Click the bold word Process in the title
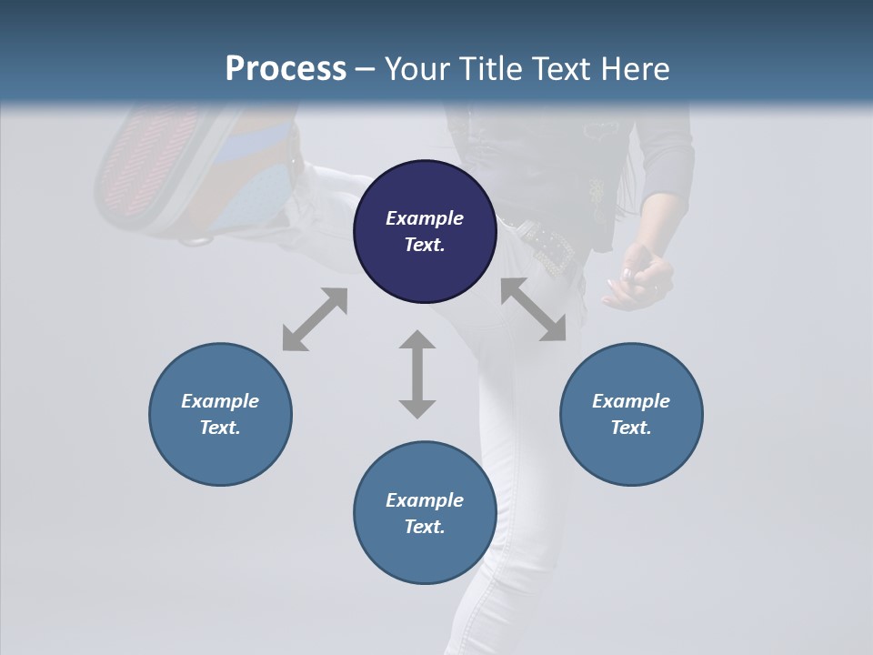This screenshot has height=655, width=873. tap(286, 69)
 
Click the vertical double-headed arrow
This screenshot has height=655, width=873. tap(417, 374)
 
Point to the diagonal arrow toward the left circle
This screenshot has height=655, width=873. tap(315, 319)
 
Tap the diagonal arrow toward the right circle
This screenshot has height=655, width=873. tap(534, 310)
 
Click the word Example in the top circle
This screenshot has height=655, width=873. tap(425, 218)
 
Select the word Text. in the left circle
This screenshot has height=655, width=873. tap(220, 428)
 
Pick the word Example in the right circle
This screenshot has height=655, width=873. tap(631, 401)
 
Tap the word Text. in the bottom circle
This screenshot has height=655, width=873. tap(425, 527)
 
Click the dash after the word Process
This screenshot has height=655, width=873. tap(365, 70)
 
